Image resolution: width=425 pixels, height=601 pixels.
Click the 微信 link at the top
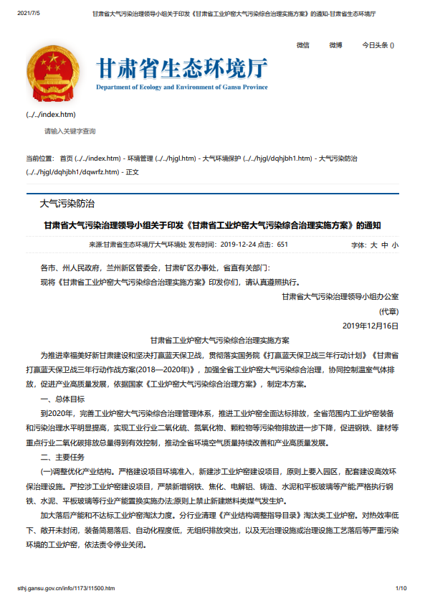pyautogui.click(x=302, y=45)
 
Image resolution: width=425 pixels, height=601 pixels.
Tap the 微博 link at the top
pyautogui.click(x=335, y=45)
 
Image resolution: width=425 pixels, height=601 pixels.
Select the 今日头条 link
pyautogui.click(x=378, y=45)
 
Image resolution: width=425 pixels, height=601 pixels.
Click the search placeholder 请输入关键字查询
pyautogui.click(x=70, y=131)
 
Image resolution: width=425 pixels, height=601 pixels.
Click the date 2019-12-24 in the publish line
pyautogui.click(x=237, y=245)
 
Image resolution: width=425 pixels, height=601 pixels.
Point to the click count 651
pyautogui.click(x=282, y=245)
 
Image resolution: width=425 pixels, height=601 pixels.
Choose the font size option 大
pyautogui.click(x=373, y=245)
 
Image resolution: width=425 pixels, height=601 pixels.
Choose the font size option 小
pyautogui.click(x=395, y=245)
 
